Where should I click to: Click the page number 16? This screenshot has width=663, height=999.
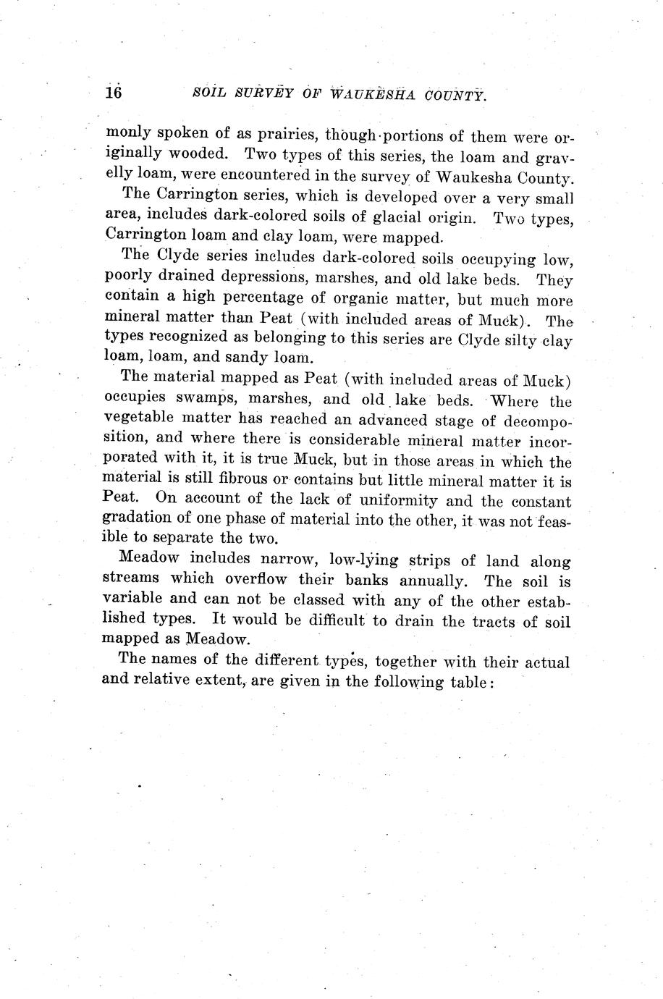pyautogui.click(x=114, y=93)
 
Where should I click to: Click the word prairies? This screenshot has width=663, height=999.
pyautogui.click(x=279, y=135)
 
